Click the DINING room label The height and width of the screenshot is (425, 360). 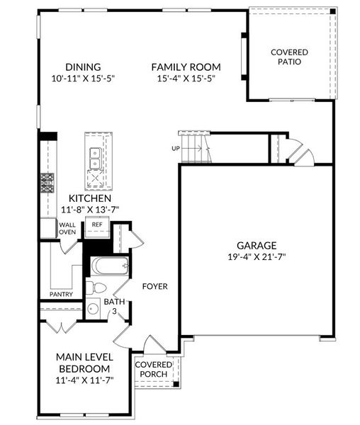click(x=82, y=67)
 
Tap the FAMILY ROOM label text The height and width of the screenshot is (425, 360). click(x=186, y=67)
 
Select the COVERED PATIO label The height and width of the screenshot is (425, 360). click(x=290, y=57)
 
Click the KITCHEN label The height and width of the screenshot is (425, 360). click(x=89, y=199)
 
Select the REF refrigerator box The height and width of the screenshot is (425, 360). click(x=96, y=227)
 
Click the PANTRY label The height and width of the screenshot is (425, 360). click(x=62, y=294)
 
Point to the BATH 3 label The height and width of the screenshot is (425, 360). click(x=115, y=306)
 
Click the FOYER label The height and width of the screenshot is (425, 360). click(x=154, y=287)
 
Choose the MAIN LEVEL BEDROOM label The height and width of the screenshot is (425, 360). click(x=84, y=363)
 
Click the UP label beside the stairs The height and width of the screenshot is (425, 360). click(x=175, y=149)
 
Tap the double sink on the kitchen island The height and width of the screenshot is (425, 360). click(x=94, y=157)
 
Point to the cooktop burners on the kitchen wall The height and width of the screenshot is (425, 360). click(x=47, y=183)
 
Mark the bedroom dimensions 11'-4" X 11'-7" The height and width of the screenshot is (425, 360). click(x=84, y=380)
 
